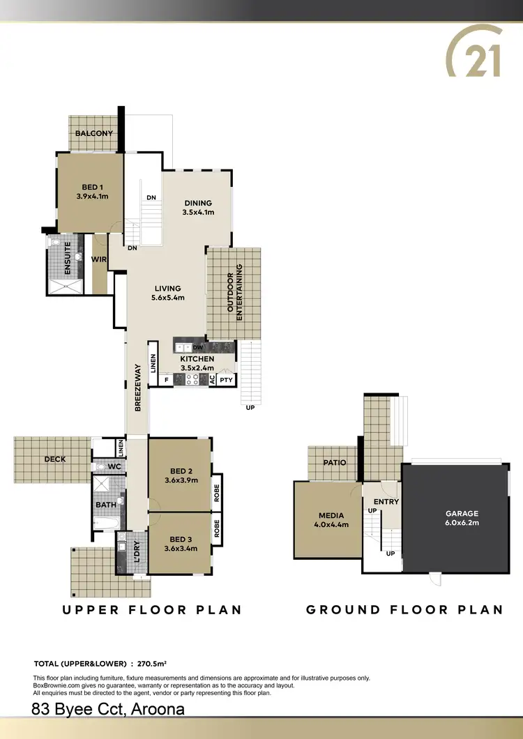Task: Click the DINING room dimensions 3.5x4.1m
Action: [198, 213]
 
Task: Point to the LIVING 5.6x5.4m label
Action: [167, 293]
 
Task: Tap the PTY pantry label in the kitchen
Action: [226, 380]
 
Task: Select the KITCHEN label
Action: [197, 359]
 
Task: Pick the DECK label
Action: [55, 459]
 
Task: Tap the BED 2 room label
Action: [180, 475]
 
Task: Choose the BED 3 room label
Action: [180, 543]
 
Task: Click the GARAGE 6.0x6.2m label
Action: [462, 518]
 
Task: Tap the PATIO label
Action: [334, 462]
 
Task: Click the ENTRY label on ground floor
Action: [386, 502]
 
